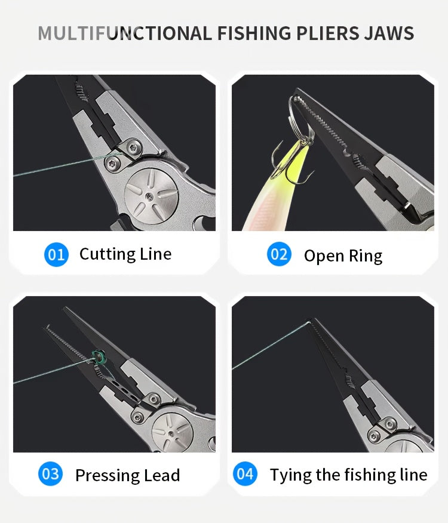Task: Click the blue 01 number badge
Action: (x=56, y=254)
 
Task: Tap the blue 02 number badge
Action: (x=279, y=255)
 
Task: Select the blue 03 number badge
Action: (x=51, y=474)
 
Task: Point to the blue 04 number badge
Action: (x=245, y=474)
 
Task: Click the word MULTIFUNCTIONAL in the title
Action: (x=124, y=33)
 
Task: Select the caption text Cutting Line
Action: (x=125, y=254)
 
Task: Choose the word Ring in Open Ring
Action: (x=365, y=256)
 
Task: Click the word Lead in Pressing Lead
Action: (x=161, y=475)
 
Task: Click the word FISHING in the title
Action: (x=255, y=33)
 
